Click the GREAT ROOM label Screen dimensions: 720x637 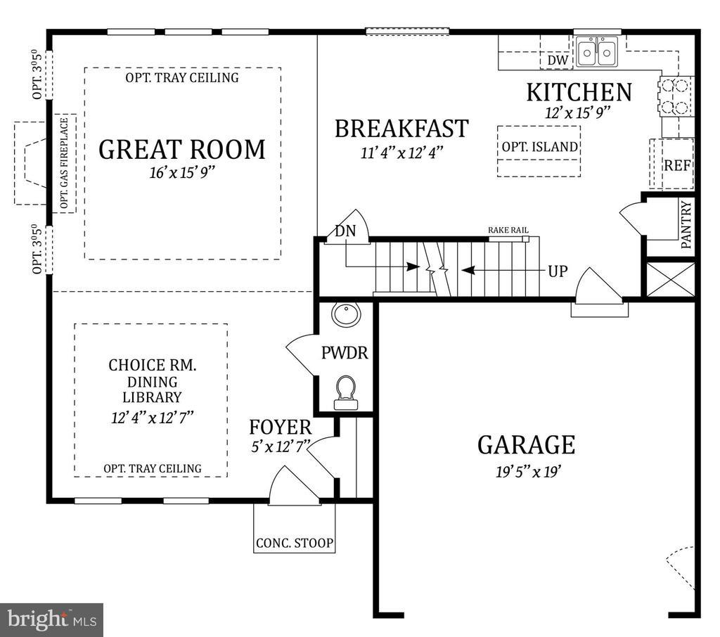click(182, 150)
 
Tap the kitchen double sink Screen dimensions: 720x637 click(597, 52)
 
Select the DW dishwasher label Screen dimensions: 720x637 click(558, 60)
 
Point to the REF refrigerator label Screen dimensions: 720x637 click(678, 165)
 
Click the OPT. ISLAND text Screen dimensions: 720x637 click(539, 147)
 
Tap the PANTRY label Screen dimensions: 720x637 click(686, 225)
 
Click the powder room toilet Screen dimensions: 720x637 click(345, 392)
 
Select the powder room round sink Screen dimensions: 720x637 click(347, 314)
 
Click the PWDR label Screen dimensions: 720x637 click(345, 353)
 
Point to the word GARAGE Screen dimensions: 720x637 click(526, 444)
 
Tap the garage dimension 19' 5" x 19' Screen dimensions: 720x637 click(528, 472)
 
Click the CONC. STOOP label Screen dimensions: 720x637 click(295, 543)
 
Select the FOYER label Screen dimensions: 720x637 click(281, 427)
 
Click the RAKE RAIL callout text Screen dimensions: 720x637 click(508, 230)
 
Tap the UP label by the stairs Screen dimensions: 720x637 click(558, 271)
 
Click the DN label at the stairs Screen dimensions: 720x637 click(345, 231)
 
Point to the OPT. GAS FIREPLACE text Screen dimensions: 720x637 click(64, 163)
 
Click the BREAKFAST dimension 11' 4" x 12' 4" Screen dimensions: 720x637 click(401, 152)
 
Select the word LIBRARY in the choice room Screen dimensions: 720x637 click(152, 397)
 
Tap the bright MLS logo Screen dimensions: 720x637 click(51, 619)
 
